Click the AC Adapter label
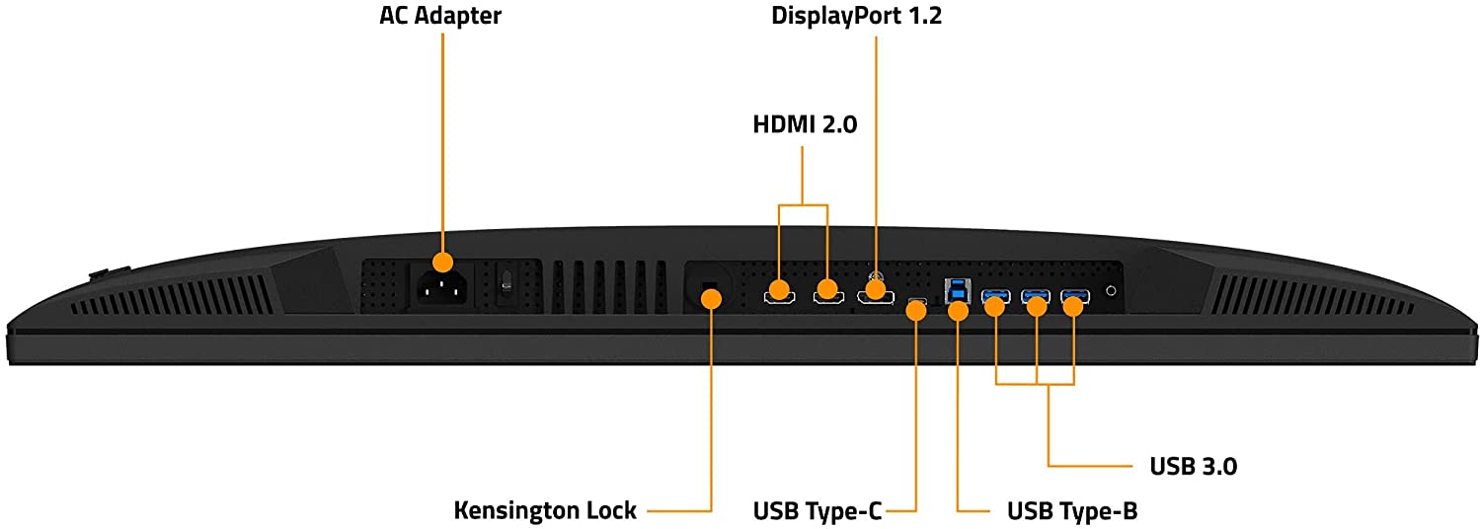440,17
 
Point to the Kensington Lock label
544,510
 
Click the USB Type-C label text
817,510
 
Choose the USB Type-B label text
1072,510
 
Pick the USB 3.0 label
1193,466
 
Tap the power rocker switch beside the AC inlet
506,284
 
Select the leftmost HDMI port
780,293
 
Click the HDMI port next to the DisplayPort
827,293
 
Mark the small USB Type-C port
917,301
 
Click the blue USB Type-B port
958,290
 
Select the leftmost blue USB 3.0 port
995,294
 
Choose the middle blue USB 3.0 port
1035,294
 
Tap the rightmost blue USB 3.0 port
1074,294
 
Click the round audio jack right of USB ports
1113,291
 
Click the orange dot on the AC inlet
442,263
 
